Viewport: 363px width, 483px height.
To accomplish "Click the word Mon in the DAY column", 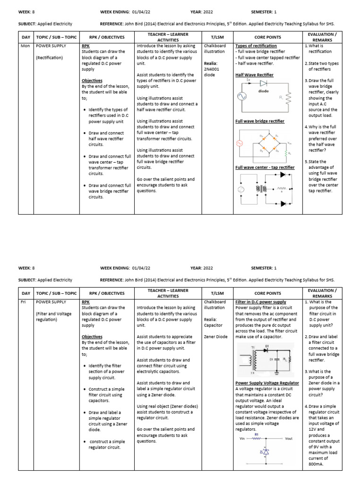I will click(25, 46).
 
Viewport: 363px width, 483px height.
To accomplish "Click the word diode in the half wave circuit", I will click(264, 91).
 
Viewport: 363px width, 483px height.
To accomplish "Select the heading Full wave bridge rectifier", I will click(259, 121).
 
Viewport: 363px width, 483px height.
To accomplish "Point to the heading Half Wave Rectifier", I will click(254, 75).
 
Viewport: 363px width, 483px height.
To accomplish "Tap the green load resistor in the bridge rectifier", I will click(285, 152).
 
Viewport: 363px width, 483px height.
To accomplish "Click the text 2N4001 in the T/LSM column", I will click(212, 69).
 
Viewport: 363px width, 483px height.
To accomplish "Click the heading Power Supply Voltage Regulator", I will click(267, 383).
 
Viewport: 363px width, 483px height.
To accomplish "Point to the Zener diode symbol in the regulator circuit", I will click(266, 452).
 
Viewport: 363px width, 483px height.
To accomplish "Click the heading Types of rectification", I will click(255, 46).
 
